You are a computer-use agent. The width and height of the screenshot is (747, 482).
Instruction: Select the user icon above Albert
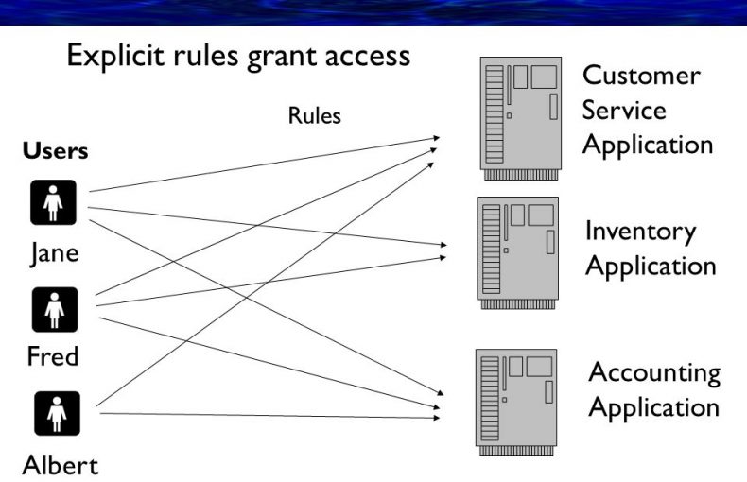coord(54,413)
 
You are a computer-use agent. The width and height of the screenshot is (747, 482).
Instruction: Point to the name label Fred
coord(53,357)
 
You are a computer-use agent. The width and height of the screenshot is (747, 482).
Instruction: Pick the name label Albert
coord(60,465)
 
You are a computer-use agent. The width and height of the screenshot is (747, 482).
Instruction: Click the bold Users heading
coord(56,151)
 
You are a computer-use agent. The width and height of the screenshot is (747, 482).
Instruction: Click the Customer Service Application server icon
coord(520,117)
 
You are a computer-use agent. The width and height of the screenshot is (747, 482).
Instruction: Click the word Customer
coord(641,76)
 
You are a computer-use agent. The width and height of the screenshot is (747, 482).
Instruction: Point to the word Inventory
coord(640,232)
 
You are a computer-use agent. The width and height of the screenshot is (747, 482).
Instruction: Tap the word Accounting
coord(654,373)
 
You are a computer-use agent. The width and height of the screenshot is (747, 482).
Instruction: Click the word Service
coord(624,111)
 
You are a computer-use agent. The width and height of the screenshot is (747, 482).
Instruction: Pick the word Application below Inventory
coord(651,266)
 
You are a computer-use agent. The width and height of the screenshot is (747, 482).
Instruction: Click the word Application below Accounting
coord(654,408)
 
